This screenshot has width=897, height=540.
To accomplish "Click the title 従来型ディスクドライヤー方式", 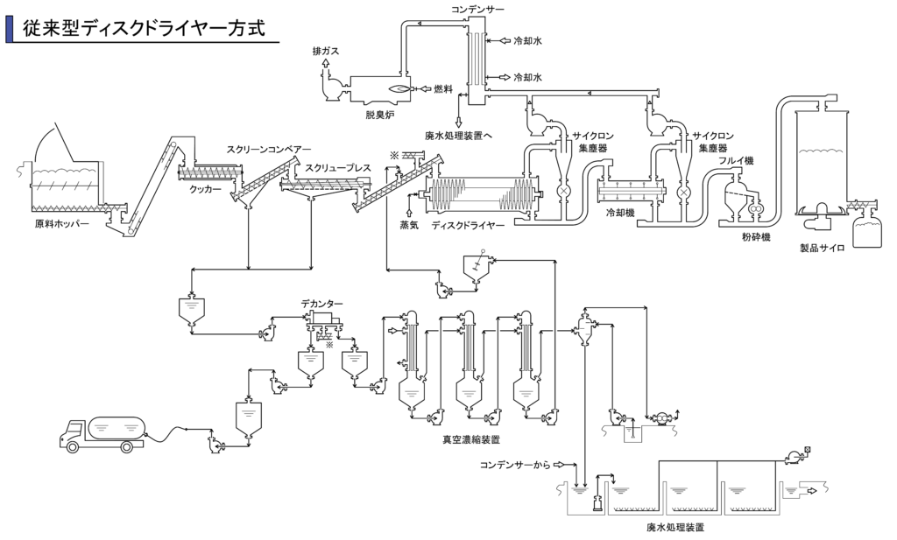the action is point(143,28).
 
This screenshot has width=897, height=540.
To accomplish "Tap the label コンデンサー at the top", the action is point(477,9).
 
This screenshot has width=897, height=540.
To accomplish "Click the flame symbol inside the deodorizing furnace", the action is point(399,89).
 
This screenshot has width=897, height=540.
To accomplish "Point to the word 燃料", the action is point(442,89).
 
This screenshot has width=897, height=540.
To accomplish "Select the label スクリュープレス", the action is point(337,168).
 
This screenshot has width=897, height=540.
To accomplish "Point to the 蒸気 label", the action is point(408,225).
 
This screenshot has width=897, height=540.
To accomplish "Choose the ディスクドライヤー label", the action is point(468,225).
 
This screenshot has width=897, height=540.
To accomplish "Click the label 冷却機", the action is point(619,213).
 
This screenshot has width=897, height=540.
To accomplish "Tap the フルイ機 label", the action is point(736,160).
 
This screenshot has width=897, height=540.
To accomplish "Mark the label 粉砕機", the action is point(756,236).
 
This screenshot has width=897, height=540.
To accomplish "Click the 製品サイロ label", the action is point(822,249).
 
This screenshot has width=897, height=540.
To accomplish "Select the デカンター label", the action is point(322,304).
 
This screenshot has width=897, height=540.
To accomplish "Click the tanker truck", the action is point(103,433).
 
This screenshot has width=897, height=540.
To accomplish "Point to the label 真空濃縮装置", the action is point(471,440).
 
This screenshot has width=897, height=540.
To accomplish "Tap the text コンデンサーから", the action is point(515,465).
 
